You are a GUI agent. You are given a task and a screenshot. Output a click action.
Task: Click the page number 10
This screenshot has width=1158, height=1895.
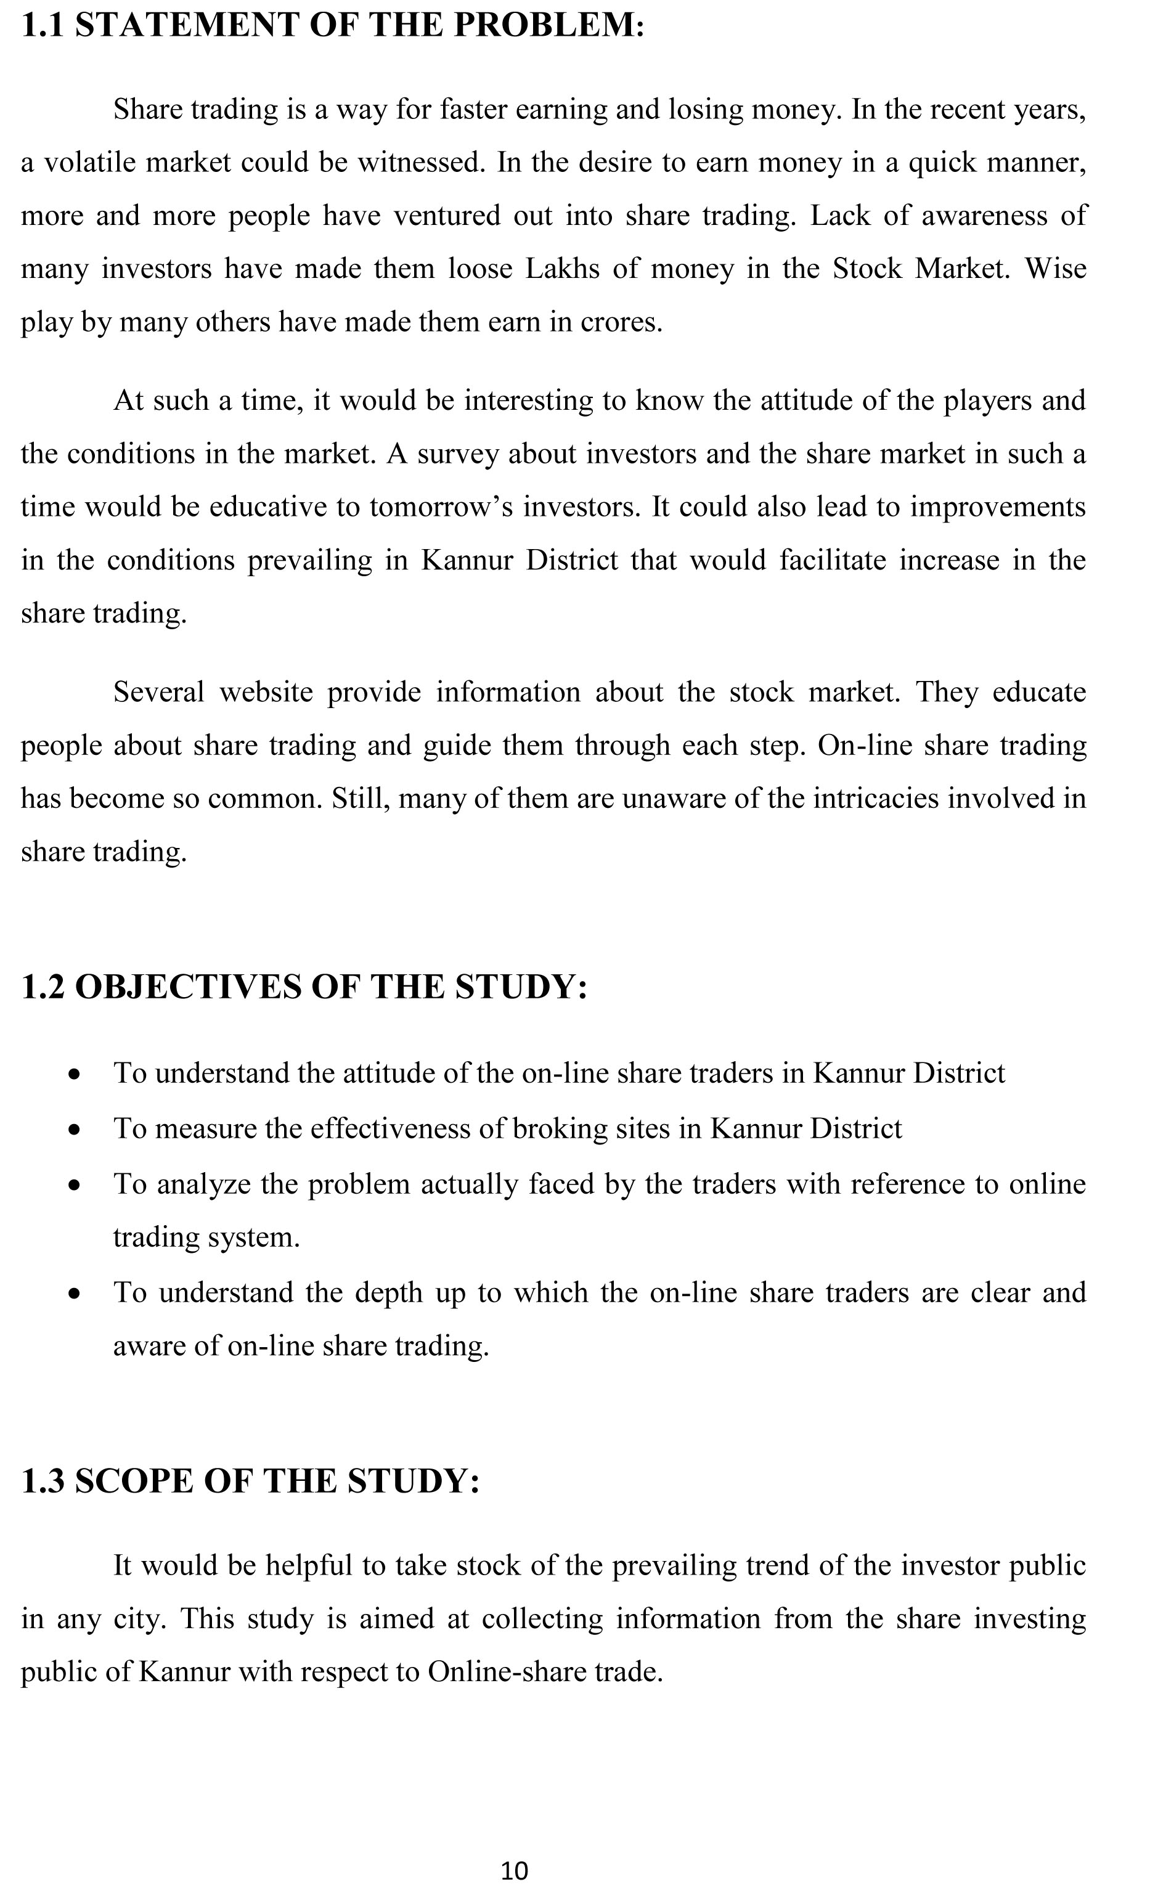[x=515, y=1870]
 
